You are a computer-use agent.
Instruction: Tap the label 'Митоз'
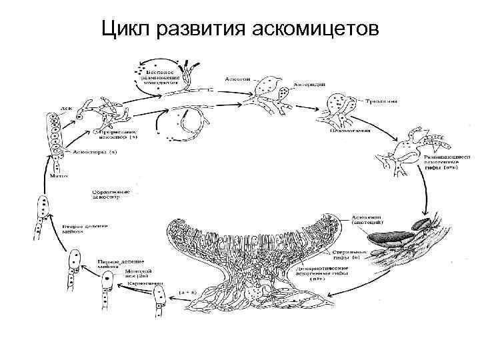(58, 176)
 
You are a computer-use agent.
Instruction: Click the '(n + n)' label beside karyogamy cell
(189, 292)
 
